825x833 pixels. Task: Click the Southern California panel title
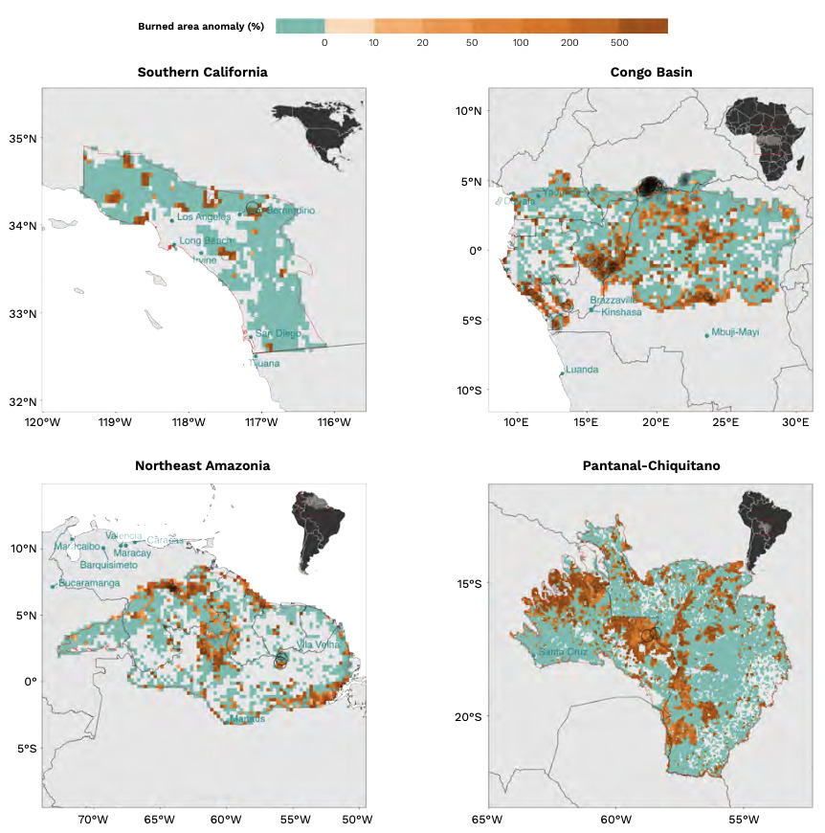202,72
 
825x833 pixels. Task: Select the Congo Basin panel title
651,72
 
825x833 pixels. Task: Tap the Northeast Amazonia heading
202,465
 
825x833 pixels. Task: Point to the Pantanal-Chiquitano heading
651,465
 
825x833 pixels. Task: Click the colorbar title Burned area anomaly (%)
201,26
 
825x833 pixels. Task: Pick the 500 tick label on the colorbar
618,43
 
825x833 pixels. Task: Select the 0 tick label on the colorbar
324,43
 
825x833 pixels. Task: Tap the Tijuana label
264,363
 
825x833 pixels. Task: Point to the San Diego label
278,333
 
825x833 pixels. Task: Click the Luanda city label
582,370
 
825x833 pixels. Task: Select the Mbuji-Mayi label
736,333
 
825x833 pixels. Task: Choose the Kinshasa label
621,311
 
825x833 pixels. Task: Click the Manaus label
247,718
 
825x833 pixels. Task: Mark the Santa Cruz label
564,652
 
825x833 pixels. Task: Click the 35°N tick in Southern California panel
21,139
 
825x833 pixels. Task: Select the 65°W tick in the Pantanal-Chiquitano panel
487,819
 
